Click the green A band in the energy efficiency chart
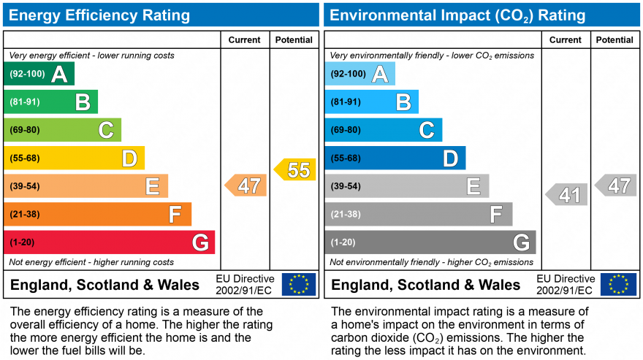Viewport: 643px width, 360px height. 39,74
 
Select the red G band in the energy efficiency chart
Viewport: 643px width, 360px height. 109,242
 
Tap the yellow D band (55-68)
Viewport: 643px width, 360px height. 74,158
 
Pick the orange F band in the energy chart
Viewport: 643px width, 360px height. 97,214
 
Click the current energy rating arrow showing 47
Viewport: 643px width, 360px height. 246,185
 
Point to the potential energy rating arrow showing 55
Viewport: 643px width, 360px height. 295,169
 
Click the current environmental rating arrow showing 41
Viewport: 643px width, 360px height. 566,195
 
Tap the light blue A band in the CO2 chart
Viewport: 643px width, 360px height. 359,74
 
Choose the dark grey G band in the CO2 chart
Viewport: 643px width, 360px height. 430,242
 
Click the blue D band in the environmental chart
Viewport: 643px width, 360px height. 395,158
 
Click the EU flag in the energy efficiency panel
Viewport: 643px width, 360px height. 299,284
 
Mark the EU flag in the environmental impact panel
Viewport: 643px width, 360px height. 618,284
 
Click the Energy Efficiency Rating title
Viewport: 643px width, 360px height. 99,15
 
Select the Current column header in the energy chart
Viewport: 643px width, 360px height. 245,40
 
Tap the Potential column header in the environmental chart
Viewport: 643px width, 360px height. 615,40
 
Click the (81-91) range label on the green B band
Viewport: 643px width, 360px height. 24,102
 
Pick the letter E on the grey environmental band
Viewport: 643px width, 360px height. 473,187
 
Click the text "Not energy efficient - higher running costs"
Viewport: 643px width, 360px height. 91,262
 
